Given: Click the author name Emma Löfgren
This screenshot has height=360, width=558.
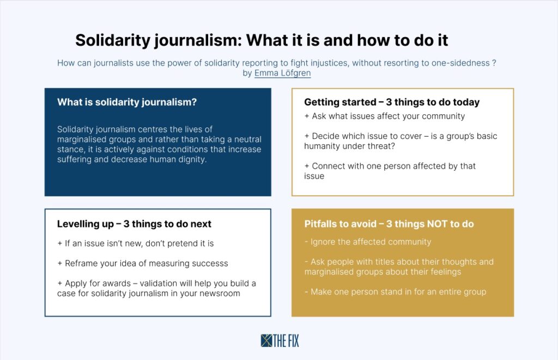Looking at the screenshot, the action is coord(283,74).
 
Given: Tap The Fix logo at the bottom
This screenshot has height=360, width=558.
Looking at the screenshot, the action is coord(280,341).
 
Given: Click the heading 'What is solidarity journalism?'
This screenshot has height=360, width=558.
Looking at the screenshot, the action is coord(127,102).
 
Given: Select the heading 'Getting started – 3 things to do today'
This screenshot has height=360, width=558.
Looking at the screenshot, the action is coord(392,102).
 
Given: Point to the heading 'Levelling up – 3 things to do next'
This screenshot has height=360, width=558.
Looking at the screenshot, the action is coord(134,224).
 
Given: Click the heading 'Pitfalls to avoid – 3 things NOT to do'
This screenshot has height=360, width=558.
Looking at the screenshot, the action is coord(389,224).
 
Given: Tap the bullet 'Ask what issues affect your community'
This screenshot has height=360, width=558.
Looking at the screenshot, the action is coord(385,117).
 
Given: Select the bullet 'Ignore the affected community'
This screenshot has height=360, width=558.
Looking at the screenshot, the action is coord(368,242).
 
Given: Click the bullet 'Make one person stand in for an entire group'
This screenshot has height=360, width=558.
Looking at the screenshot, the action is coord(396,292).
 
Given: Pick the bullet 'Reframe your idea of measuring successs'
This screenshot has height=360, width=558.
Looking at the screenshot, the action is coord(143,264).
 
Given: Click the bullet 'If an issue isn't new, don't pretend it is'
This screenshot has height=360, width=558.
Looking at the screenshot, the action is coord(136,243).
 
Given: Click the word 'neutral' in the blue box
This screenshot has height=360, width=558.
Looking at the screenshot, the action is coord(248,139).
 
